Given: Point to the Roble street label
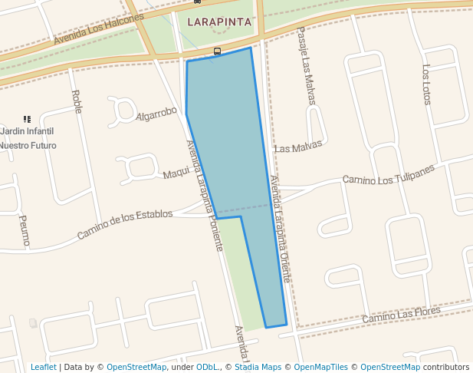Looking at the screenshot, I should click(76, 101).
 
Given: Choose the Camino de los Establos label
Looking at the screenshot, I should click(125, 223).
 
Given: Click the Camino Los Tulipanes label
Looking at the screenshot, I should click(388, 174).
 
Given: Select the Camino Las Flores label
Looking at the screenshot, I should click(401, 312).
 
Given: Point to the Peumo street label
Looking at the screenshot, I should click(24, 229).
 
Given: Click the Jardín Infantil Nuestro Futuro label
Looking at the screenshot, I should click(28, 138).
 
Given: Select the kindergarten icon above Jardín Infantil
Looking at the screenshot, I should click(27, 119).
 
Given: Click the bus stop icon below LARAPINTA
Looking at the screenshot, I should click(217, 51).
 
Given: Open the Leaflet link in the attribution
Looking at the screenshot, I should click(43, 367).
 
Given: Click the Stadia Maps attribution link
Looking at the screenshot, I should click(258, 367).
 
